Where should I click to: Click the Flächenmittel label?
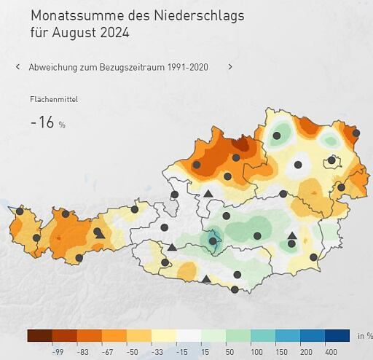(54, 99)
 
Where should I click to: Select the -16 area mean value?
(42, 122)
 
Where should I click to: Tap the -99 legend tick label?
(58, 351)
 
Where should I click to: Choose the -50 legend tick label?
(133, 351)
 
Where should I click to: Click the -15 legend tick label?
(182, 351)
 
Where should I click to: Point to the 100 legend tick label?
(257, 351)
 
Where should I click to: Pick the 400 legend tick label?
(331, 351)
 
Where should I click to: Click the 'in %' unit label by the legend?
(364, 336)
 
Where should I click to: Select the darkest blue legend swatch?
(337, 336)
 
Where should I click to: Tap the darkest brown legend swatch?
(39, 336)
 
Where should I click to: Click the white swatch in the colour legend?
(188, 336)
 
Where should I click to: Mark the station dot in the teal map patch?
(213, 241)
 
